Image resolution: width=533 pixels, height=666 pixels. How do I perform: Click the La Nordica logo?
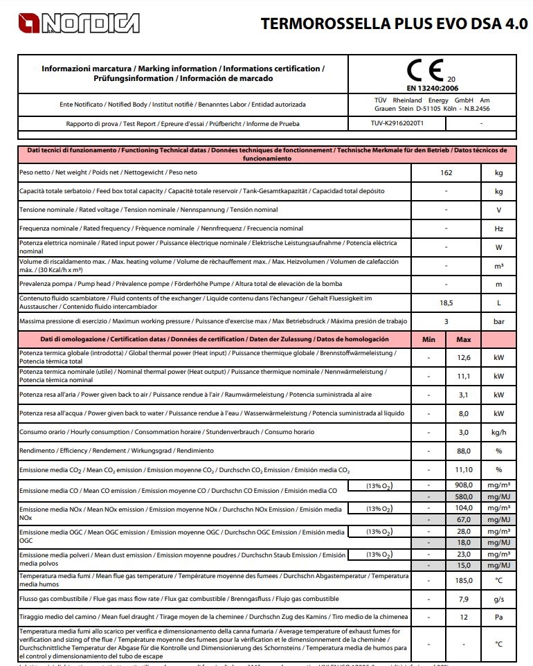pyautogui.click(x=69, y=24)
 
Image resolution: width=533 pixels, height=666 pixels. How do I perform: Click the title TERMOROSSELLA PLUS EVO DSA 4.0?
pyautogui.click(x=394, y=24)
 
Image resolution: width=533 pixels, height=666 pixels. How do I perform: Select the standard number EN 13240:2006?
pyautogui.click(x=432, y=88)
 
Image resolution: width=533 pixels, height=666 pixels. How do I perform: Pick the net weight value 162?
pyautogui.click(x=446, y=172)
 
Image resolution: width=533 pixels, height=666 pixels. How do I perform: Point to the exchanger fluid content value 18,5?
pyautogui.click(x=446, y=303)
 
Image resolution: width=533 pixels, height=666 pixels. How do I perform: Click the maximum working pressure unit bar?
pyautogui.click(x=498, y=321)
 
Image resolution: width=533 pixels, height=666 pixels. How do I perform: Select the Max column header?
pyautogui.click(x=464, y=340)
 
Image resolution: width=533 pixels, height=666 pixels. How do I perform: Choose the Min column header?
pyautogui.click(x=429, y=340)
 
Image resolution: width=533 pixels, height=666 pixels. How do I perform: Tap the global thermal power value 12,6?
pyautogui.click(x=464, y=357)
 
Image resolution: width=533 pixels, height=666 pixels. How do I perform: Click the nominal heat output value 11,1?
pyautogui.click(x=464, y=376)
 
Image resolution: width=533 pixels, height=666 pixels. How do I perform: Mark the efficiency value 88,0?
pyautogui.click(x=464, y=451)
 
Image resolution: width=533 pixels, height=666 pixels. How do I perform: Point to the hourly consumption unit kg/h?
pyautogui.click(x=498, y=432)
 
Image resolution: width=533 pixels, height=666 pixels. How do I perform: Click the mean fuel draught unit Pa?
pyautogui.click(x=498, y=617)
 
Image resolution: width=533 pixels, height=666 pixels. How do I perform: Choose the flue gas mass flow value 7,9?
pyautogui.click(x=464, y=598)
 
